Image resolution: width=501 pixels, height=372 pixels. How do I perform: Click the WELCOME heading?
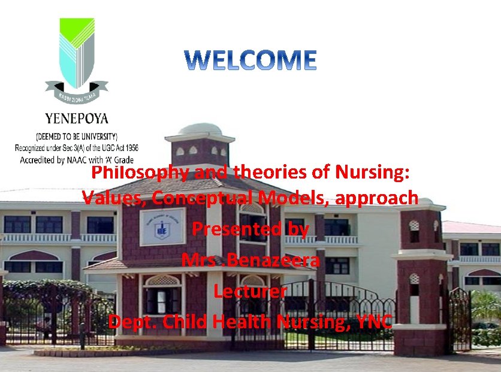pos(250,61)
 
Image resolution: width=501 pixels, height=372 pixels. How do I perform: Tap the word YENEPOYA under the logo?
pos(77,118)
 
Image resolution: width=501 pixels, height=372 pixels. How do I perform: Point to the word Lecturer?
pos(250,292)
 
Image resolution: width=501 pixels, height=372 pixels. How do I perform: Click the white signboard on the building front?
pos(162,226)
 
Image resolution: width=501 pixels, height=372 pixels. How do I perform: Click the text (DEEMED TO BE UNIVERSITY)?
pos(77,136)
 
